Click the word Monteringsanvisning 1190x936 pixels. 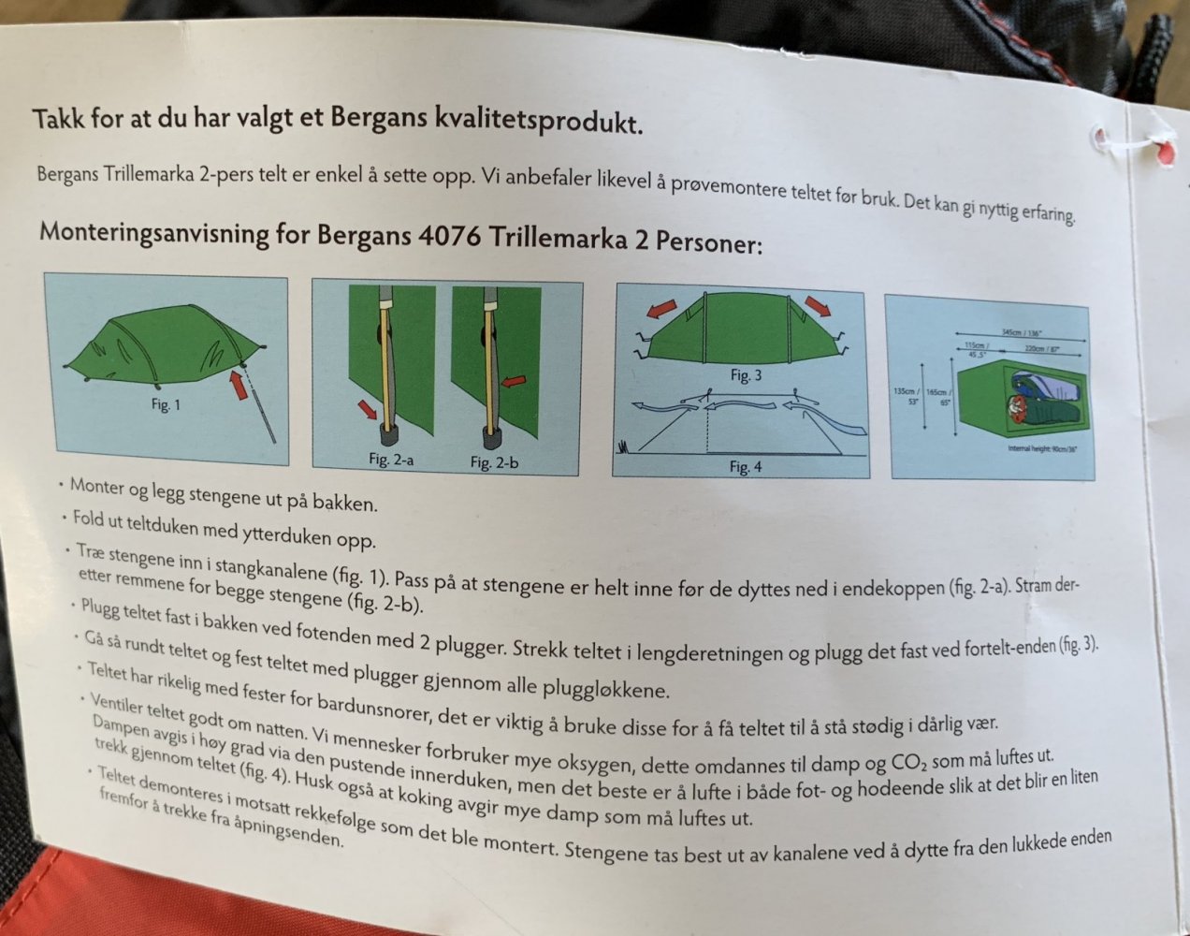153,232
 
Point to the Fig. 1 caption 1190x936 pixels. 166,405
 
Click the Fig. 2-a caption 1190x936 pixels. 391,460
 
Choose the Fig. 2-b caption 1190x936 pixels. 493,462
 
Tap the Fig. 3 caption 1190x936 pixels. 746,375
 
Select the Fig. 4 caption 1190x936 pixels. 746,466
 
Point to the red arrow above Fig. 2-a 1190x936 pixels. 368,409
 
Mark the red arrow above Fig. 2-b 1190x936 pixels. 514,382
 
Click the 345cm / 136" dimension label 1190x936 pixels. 1021,333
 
